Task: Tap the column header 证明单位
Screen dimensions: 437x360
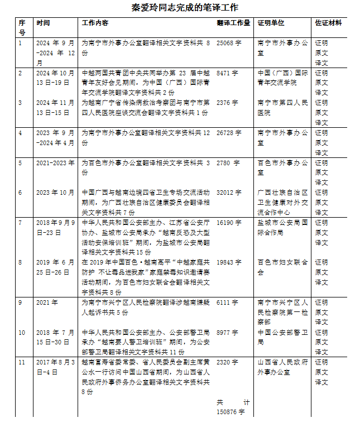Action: [271, 23]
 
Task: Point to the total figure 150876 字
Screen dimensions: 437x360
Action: [233, 412]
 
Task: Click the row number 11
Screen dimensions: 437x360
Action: [22, 362]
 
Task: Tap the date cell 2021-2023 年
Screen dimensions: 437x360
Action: [55, 163]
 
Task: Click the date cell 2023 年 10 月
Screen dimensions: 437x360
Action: [55, 193]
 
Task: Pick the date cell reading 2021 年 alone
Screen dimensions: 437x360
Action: [46, 302]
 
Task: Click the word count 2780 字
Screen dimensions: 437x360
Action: [228, 163]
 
